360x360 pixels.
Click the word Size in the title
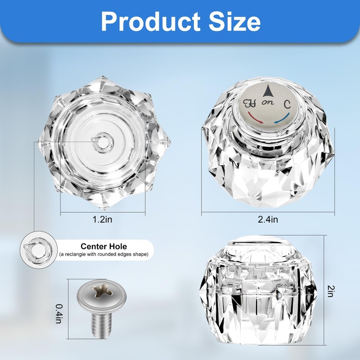(x=234, y=21)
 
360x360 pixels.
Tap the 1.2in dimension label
(x=103, y=220)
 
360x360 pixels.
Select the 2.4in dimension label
(x=268, y=220)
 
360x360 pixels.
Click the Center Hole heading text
(x=104, y=246)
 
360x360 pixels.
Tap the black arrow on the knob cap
(x=267, y=91)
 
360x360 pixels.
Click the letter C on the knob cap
(x=287, y=104)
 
